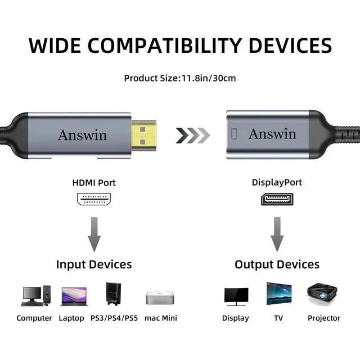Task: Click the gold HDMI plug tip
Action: click(143, 135)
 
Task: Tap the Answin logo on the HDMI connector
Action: click(82, 135)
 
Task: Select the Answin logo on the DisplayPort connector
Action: click(272, 134)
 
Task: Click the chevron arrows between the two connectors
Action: click(192, 136)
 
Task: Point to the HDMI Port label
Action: click(94, 182)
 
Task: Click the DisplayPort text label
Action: click(277, 182)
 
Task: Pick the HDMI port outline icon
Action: click(94, 199)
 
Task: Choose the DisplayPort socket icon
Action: click(277, 199)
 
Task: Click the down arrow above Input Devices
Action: click(94, 235)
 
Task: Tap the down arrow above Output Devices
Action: click(277, 235)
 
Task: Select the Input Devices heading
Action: click(94, 264)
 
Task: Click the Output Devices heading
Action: click(277, 264)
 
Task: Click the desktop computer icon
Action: click(35, 295)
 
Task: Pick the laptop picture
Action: click(74, 296)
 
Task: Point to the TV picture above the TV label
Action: click(278, 294)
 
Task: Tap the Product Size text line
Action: click(180, 78)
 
